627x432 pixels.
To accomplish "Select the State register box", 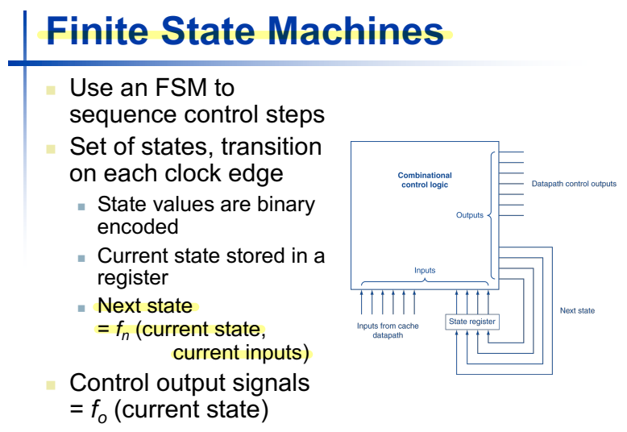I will click(472, 322).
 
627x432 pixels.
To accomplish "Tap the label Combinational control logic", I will click(425, 180).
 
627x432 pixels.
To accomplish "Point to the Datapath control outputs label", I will click(574, 184).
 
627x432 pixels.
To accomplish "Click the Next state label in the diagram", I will click(577, 310).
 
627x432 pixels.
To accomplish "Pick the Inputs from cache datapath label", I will click(388, 330).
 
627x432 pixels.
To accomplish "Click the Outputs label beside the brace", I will click(470, 215).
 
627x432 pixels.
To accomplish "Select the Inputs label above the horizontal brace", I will click(425, 270).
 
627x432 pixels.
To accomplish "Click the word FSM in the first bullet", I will click(199, 87).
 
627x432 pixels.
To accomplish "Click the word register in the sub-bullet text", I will click(131, 278).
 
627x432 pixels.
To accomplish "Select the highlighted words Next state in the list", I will click(145, 306).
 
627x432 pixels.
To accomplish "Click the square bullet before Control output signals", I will click(52, 383).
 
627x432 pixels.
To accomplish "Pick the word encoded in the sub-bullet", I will click(138, 226).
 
